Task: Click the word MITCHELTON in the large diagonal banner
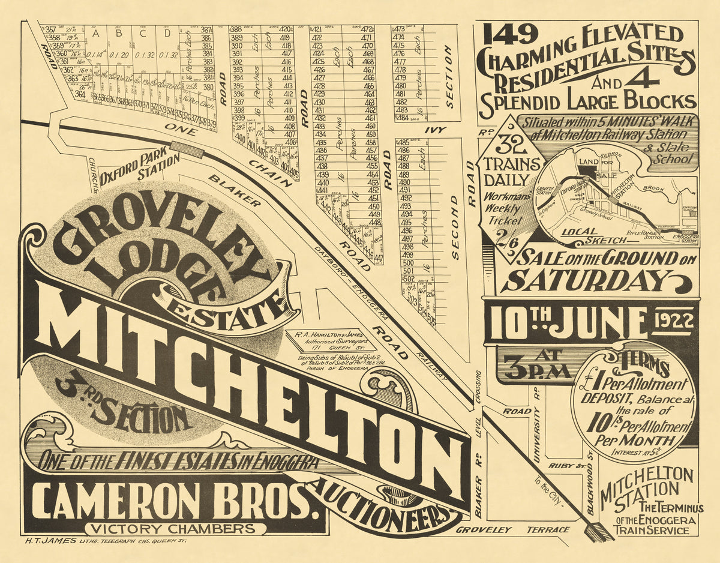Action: pyautogui.click(x=252, y=384)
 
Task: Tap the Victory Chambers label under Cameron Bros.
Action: pyautogui.click(x=175, y=529)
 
